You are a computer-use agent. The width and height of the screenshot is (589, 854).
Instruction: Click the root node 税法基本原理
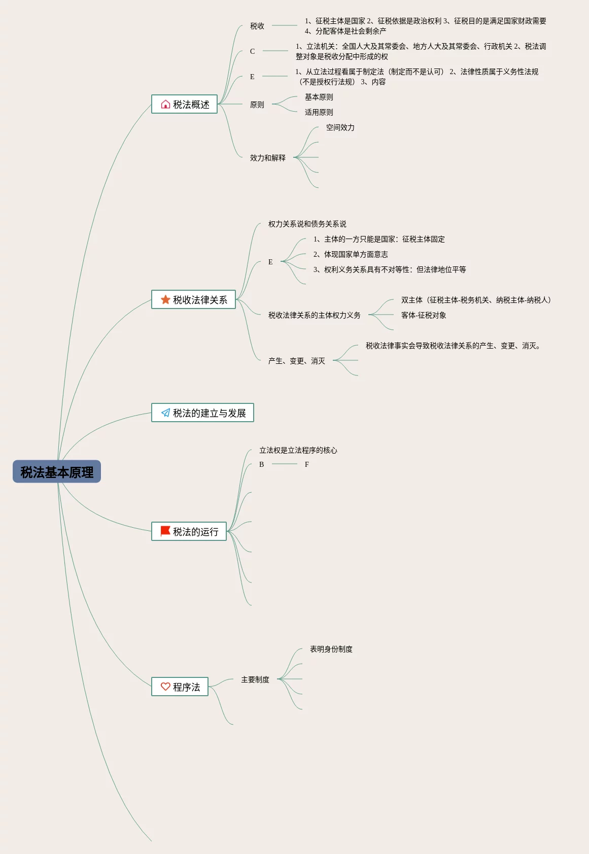pyautogui.click(x=57, y=472)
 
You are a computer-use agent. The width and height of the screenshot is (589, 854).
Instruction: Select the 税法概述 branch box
pyautogui.click(x=184, y=105)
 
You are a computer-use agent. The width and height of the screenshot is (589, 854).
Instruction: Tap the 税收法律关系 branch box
pyautogui.click(x=193, y=300)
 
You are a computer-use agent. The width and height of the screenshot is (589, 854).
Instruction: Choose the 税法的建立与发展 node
pyautogui.click(x=202, y=413)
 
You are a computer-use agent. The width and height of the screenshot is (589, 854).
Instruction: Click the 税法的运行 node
pyautogui.click(x=189, y=532)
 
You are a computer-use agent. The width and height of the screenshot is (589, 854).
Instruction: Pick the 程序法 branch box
pyautogui.click(x=180, y=687)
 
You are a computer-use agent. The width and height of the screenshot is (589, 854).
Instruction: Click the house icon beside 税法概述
pyautogui.click(x=165, y=105)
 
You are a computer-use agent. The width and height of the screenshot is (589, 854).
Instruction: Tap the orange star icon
pyautogui.click(x=165, y=300)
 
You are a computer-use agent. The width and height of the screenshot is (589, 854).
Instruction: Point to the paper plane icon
pyautogui.click(x=165, y=413)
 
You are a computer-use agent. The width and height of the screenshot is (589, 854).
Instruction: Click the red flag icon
pyautogui.click(x=165, y=531)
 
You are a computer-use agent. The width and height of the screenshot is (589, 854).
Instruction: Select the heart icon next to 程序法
pyautogui.click(x=165, y=687)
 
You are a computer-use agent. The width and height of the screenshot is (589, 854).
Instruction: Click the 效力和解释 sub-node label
pyautogui.click(x=268, y=158)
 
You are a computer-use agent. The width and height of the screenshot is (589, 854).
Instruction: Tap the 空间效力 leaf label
pyautogui.click(x=340, y=127)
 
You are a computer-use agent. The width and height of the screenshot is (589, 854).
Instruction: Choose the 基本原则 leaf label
pyautogui.click(x=319, y=97)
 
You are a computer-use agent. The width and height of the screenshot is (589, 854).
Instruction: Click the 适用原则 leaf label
pyautogui.click(x=319, y=112)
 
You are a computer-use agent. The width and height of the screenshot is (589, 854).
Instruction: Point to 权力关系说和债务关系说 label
pyautogui.click(x=307, y=224)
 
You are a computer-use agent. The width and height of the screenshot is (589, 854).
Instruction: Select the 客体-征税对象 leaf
pyautogui.click(x=424, y=315)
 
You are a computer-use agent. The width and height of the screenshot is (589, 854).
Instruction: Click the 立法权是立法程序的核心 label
pyautogui.click(x=298, y=450)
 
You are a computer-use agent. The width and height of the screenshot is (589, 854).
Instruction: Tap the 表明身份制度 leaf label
pyautogui.click(x=331, y=649)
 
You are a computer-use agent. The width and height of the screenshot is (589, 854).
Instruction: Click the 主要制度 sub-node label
pyautogui.click(x=255, y=679)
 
